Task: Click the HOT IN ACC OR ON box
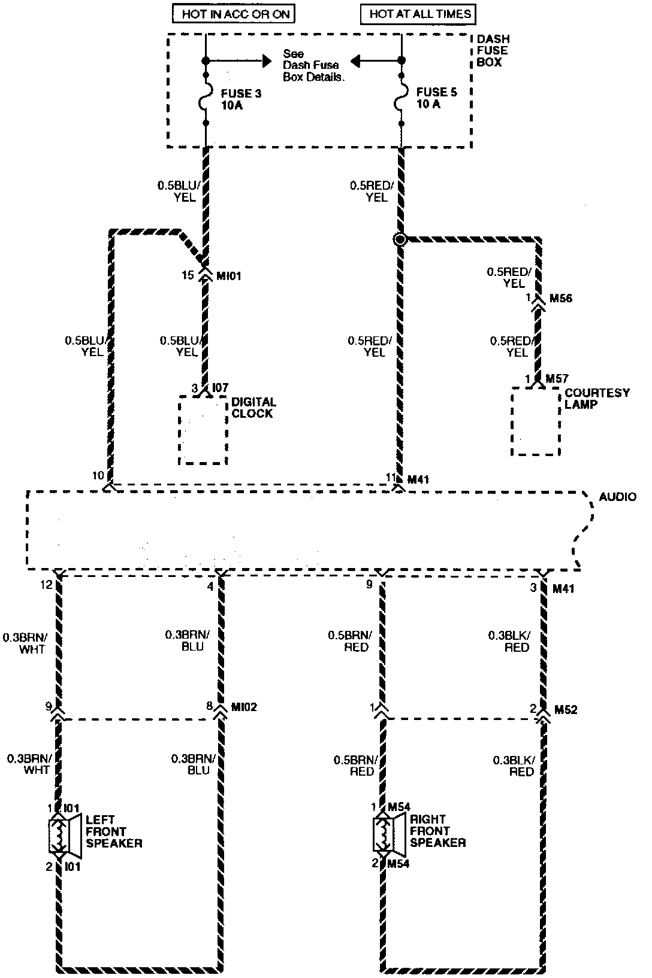(x=234, y=13)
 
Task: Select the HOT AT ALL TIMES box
(x=420, y=13)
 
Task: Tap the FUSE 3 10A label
(x=241, y=100)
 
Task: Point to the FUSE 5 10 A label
(x=436, y=98)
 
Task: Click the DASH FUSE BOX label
(x=493, y=50)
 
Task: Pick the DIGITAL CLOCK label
(x=253, y=408)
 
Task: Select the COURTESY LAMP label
(x=597, y=399)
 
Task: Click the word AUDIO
(x=617, y=497)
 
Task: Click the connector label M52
(x=565, y=710)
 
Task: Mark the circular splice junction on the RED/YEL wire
(x=400, y=239)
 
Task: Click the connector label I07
(x=219, y=388)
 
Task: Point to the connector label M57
(x=556, y=379)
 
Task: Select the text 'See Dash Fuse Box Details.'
(x=313, y=65)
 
